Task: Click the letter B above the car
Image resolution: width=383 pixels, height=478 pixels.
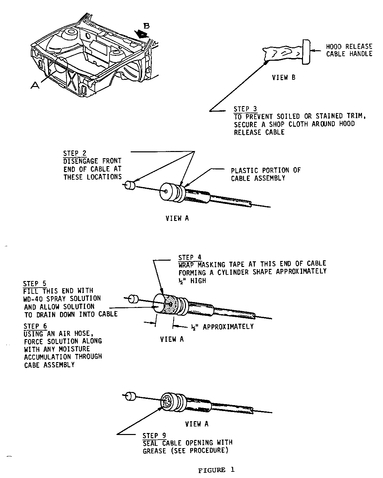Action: coord(146,26)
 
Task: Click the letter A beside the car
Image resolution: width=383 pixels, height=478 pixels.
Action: coord(35,85)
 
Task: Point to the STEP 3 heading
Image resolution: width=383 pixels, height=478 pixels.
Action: coord(245,109)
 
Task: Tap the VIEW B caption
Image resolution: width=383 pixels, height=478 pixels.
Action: coord(284,77)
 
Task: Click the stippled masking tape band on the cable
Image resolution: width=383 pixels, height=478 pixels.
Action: coord(171,305)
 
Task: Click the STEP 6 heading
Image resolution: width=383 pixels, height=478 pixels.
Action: coord(35,326)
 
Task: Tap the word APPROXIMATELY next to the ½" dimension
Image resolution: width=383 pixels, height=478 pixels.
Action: coord(228,327)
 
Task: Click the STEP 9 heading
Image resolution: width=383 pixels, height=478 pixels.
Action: coord(154,436)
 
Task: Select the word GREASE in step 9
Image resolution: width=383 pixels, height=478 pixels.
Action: coord(154,451)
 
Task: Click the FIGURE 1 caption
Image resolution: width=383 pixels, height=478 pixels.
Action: coord(216,470)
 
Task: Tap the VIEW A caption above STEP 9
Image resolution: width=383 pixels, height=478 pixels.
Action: coord(197,424)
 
